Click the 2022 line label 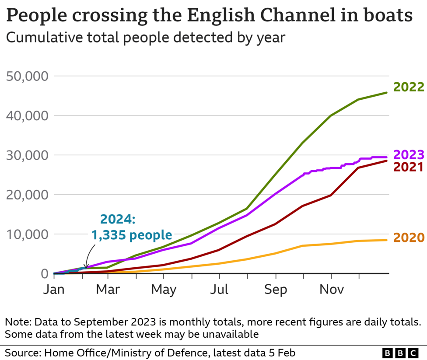[409, 87]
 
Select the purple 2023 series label [409, 155]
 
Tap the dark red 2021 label [409, 167]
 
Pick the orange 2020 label [409, 238]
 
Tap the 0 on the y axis [44, 274]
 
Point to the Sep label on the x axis [276, 290]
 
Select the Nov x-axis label [331, 290]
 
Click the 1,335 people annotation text [131, 235]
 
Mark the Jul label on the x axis [219, 290]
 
